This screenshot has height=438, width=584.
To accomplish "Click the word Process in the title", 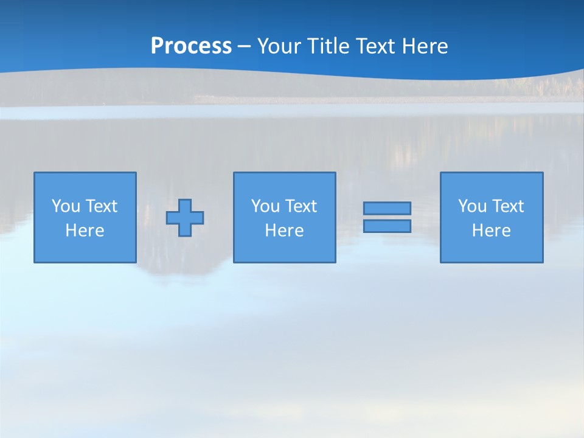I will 191,46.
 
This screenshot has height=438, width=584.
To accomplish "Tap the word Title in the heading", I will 327,46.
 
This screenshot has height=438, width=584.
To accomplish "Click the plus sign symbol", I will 185,218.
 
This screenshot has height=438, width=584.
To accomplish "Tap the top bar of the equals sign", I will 387,208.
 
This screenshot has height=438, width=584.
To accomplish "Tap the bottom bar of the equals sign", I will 387,226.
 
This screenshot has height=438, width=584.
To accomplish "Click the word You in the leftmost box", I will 66,206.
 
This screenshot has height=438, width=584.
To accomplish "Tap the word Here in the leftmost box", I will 85,231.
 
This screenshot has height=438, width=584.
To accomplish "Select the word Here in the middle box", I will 285,231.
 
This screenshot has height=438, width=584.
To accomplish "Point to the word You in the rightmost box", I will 472,206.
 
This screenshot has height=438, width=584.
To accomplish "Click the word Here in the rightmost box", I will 492,231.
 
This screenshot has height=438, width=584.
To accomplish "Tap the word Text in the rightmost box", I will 509,206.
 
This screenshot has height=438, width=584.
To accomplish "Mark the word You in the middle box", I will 265,206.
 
